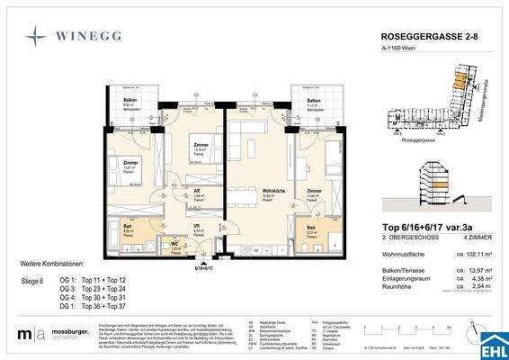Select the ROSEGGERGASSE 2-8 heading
(422, 36)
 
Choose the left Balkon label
(128, 101)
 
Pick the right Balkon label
(314, 101)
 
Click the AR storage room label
(197, 191)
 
